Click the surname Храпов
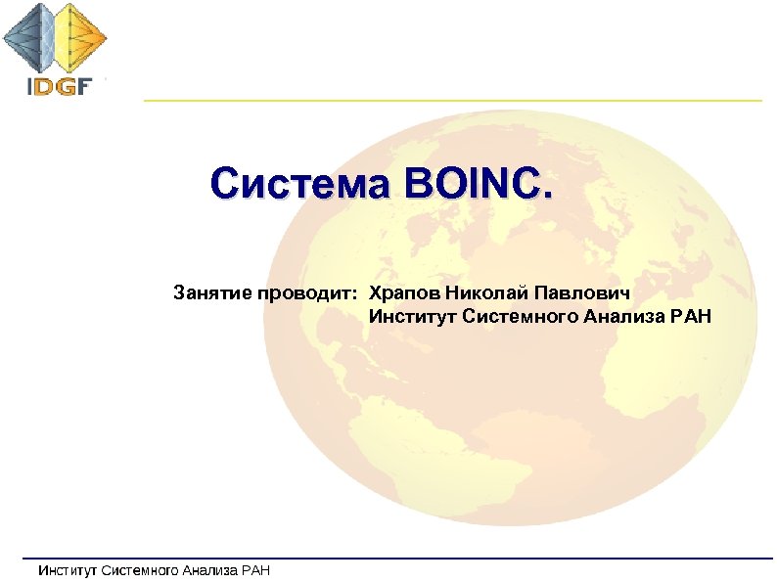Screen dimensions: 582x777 click(403, 292)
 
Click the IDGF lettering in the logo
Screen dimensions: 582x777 click(58, 85)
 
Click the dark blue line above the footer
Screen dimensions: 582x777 click(391, 559)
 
